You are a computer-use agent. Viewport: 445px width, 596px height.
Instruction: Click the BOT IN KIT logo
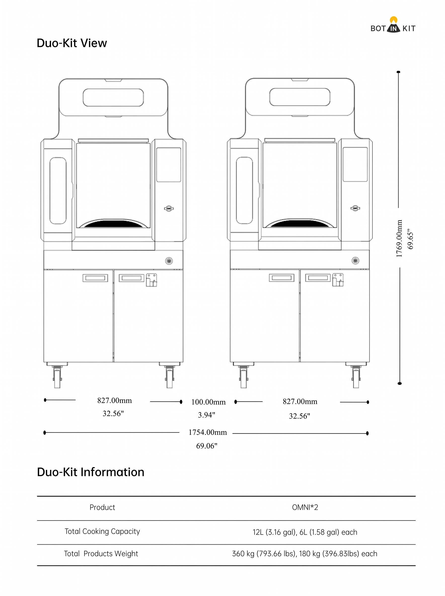(x=393, y=25)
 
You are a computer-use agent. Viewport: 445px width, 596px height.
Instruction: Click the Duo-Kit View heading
(x=72, y=43)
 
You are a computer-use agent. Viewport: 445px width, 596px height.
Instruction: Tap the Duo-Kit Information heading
(x=90, y=472)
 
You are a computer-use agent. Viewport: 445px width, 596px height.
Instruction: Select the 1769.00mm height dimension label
(x=399, y=238)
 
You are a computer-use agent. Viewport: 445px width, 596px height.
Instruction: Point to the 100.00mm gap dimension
(x=209, y=402)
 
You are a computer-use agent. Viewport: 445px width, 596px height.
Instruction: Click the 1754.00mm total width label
(x=208, y=432)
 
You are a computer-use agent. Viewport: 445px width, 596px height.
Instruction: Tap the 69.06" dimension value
(x=207, y=446)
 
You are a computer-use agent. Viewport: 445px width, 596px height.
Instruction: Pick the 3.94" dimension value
(x=207, y=415)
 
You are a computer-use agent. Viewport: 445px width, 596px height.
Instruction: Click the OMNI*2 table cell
(x=305, y=507)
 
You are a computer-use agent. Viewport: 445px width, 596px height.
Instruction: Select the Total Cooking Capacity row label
(x=102, y=531)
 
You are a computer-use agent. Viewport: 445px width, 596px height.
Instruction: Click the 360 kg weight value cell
(x=305, y=554)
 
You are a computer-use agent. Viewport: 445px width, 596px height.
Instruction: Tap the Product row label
(x=102, y=507)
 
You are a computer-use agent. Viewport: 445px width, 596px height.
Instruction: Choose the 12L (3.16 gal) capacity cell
(x=305, y=532)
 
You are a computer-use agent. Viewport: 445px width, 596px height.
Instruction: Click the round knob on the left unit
(x=169, y=261)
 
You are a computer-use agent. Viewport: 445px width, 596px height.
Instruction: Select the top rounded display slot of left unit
(x=113, y=98)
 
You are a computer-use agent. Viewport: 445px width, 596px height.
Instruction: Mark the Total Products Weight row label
(x=101, y=554)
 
